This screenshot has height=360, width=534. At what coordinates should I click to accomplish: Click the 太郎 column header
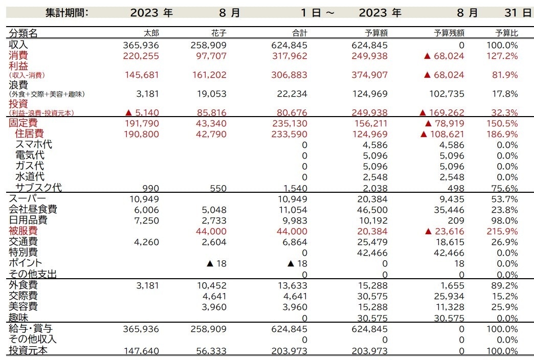151,33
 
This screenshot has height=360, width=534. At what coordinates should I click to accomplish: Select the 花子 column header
218,33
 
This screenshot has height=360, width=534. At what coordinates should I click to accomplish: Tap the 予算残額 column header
449,33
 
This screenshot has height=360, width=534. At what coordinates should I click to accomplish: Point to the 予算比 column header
507,33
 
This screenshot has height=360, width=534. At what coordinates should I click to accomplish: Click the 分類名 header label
23,33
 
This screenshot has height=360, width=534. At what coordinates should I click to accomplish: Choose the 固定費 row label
23,123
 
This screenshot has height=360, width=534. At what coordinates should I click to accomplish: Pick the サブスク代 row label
38,188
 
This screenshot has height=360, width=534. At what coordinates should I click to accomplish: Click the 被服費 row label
23,231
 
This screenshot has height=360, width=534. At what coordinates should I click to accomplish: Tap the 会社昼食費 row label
33,210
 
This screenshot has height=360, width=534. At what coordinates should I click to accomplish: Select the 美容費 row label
23,306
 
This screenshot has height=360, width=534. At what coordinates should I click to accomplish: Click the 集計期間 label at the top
66,13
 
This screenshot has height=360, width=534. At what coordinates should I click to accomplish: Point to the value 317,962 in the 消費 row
290,56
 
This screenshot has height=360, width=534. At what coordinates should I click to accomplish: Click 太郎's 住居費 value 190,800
141,134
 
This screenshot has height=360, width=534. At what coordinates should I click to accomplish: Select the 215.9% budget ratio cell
502,232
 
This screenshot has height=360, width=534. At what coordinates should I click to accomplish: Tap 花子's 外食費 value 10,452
212,285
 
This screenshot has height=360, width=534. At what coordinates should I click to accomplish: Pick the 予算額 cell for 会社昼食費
372,210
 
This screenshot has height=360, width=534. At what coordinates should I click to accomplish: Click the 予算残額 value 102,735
447,94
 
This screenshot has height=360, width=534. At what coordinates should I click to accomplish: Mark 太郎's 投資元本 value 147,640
141,351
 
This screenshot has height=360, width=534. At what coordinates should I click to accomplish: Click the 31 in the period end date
511,13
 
